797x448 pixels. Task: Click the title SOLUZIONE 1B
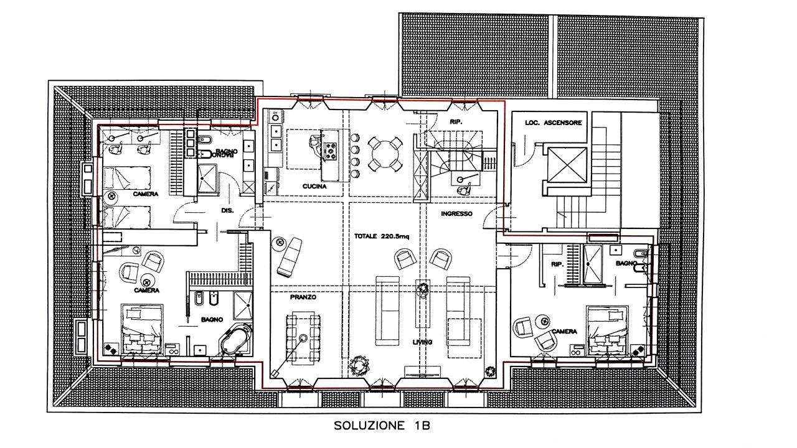(x=382, y=426)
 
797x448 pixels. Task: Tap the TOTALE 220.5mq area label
(x=382, y=236)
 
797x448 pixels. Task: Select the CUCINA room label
(x=314, y=186)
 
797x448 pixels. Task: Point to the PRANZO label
(x=303, y=297)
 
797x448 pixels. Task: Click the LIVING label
(x=422, y=342)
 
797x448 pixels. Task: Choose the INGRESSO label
(x=457, y=213)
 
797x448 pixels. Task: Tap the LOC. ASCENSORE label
(x=554, y=123)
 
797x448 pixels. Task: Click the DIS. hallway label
(x=227, y=210)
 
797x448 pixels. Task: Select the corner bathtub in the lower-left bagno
(x=235, y=340)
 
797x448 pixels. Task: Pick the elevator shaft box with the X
(x=567, y=166)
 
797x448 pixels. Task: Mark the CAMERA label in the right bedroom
(x=564, y=332)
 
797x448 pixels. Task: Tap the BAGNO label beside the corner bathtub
(x=212, y=320)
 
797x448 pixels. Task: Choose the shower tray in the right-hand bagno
(x=592, y=264)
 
